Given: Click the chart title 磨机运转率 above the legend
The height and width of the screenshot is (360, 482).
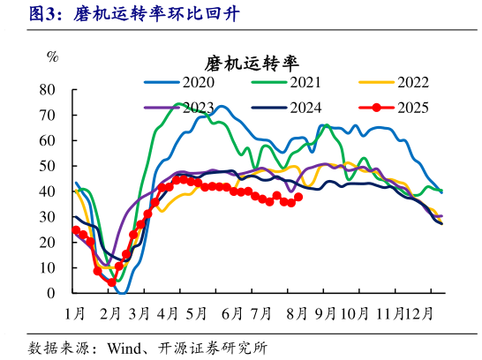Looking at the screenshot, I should click(252, 64).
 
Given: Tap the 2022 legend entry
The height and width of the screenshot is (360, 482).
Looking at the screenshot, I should click(412, 83).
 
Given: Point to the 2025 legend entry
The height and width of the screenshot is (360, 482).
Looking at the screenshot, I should click(412, 108).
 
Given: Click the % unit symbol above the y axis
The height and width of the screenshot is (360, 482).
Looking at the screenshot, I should click(53, 58).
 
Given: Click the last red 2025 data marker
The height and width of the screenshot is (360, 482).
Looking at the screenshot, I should click(298, 197).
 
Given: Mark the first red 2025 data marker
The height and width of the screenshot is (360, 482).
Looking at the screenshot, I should click(76, 230).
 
